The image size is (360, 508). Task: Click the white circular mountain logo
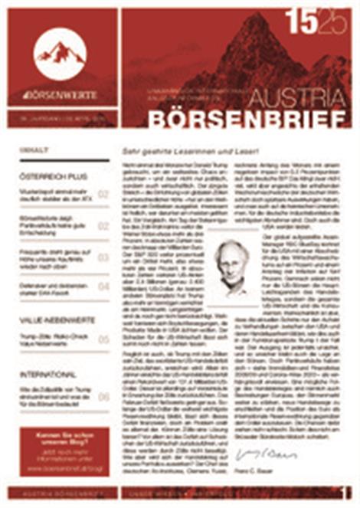61,52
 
